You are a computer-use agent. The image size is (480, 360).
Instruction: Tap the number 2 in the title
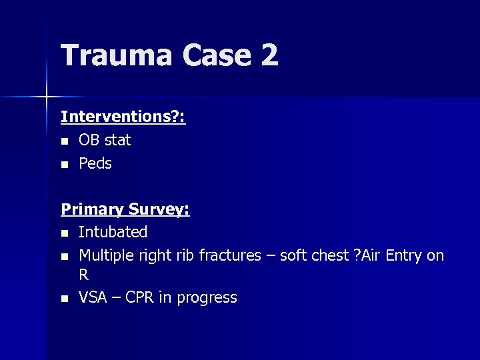269,55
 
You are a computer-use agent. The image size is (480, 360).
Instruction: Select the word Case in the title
218,55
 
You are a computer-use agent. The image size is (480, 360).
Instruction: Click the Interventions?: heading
123,117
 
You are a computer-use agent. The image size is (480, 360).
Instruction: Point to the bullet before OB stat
64,141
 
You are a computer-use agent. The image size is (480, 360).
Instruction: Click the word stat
117,140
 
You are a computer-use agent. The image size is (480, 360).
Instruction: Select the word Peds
95,163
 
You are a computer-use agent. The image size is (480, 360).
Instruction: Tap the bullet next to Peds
64,164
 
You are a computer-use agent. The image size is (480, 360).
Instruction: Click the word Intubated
113,232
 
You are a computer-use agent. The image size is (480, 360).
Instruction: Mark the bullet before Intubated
64,233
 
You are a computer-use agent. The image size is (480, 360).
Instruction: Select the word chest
329,255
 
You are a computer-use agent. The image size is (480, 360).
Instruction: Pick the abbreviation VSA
93,297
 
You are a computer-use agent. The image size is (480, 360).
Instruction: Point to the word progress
208,298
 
